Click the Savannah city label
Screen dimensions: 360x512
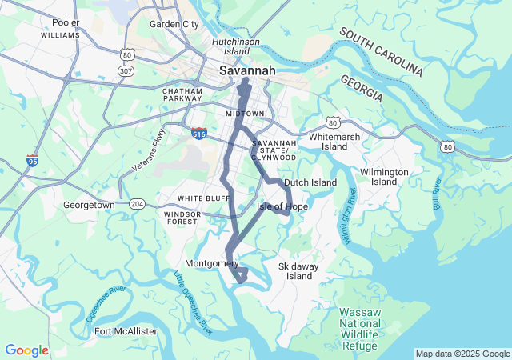point(247,70)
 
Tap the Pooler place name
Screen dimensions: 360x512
point(65,23)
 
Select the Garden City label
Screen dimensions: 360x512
point(174,24)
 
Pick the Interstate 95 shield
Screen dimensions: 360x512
point(32,160)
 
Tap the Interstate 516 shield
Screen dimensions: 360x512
point(200,132)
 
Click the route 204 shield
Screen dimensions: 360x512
point(138,204)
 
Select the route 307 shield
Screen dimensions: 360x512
point(126,70)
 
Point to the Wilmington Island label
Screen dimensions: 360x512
point(384,177)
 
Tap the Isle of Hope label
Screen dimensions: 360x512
point(282,206)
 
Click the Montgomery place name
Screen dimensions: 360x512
point(211,263)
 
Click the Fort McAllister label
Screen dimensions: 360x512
point(126,331)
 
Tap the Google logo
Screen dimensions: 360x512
point(26,350)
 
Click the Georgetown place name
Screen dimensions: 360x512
point(89,205)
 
